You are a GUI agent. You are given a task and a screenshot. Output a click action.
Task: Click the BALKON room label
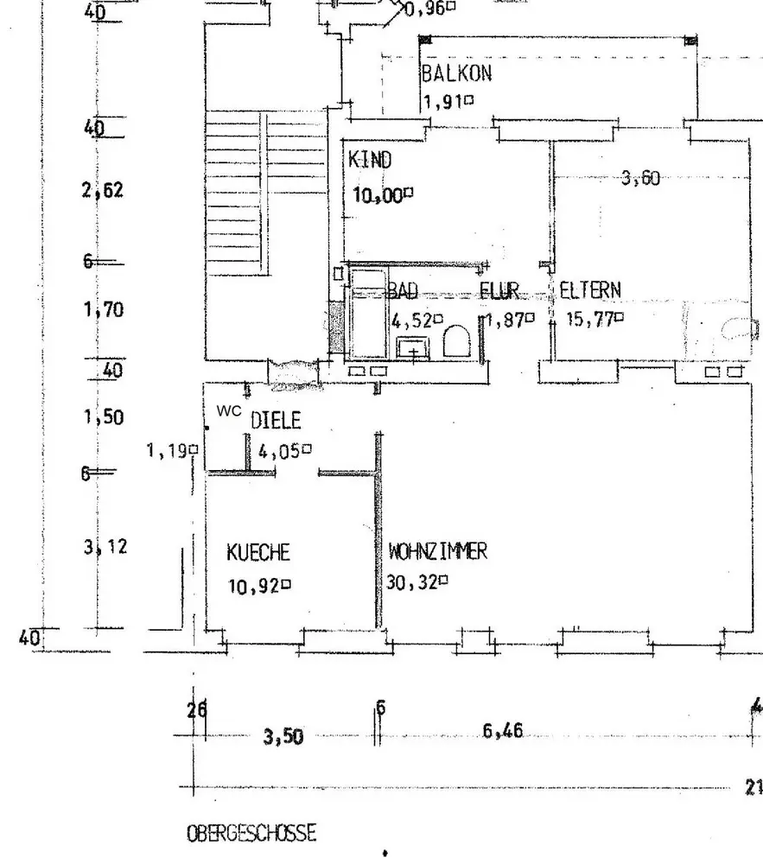pyautogui.click(x=456, y=73)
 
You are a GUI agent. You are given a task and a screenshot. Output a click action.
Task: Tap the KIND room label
pyautogui.click(x=370, y=160)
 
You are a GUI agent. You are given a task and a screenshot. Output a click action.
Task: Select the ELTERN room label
pyautogui.click(x=590, y=289)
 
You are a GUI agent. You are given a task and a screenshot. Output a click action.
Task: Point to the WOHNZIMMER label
pyautogui.click(x=437, y=550)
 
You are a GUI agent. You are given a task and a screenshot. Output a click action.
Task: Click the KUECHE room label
pyautogui.click(x=258, y=551)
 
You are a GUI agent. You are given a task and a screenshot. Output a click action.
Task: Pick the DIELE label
pyautogui.click(x=276, y=421)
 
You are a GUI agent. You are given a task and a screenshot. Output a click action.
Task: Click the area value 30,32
pyautogui.click(x=412, y=584)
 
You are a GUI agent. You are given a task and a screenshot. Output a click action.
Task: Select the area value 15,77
pyautogui.click(x=590, y=318)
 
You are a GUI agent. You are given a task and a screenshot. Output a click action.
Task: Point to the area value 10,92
pyautogui.click(x=254, y=586)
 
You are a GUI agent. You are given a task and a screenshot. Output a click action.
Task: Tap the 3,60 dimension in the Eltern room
pyautogui.click(x=640, y=179)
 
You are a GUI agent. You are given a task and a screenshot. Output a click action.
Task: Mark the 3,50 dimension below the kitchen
pyautogui.click(x=283, y=737)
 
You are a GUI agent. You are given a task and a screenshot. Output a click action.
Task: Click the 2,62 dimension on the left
pyautogui.click(x=103, y=190)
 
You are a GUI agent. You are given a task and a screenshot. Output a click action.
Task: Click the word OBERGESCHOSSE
pyautogui.click(x=251, y=834)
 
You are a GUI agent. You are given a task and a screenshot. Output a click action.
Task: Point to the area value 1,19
pyautogui.click(x=168, y=449)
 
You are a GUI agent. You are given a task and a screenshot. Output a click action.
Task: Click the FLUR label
pyautogui.click(x=499, y=291)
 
